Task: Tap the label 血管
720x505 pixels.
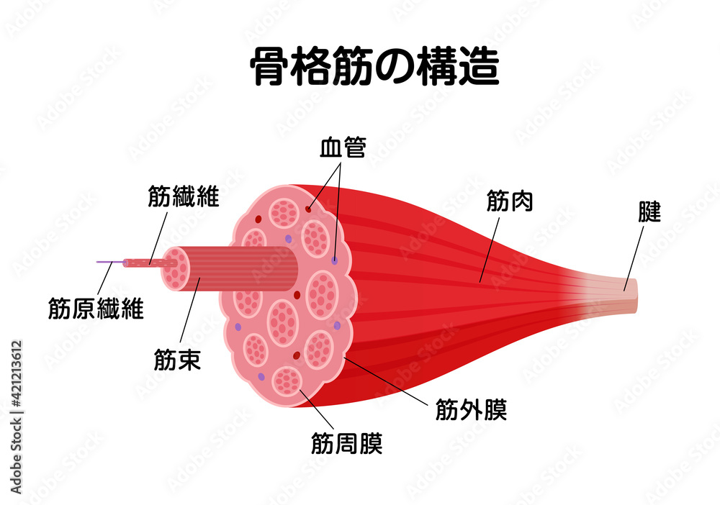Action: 343,149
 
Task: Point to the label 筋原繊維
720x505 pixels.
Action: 96,309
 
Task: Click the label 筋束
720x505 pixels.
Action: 177,359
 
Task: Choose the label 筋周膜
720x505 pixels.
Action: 346,442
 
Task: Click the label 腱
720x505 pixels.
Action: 649,212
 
